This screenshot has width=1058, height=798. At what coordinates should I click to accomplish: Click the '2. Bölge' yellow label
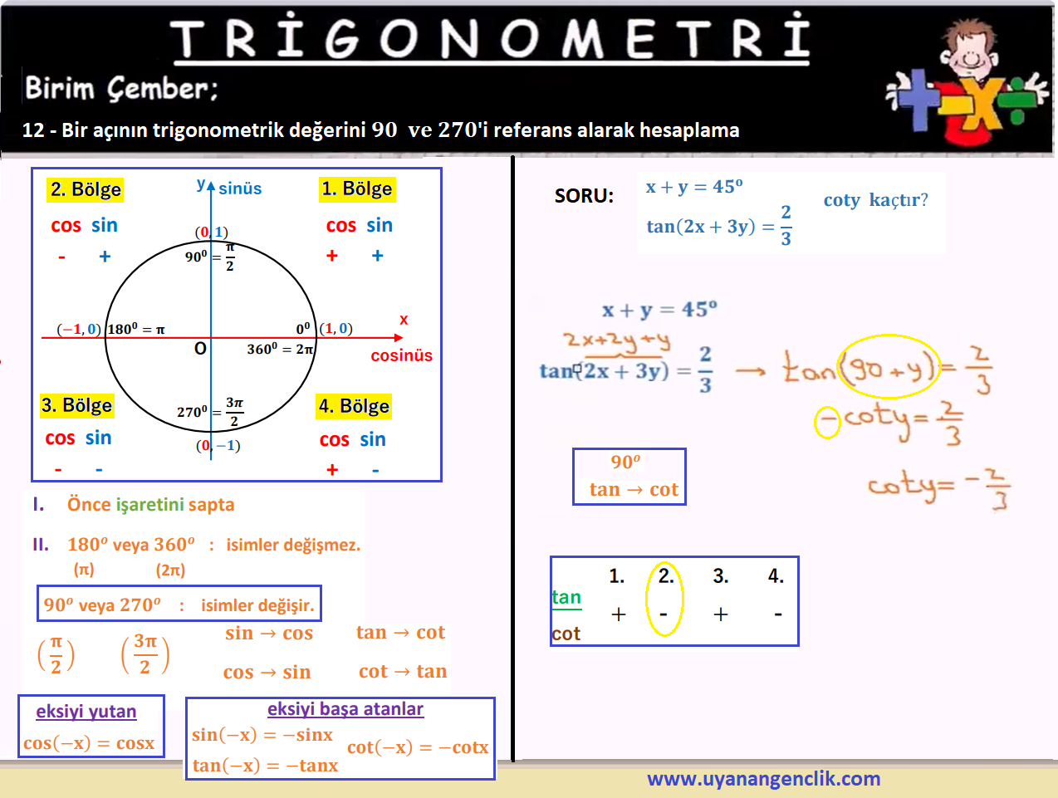click(85, 189)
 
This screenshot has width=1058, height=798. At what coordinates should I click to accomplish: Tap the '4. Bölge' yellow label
click(353, 406)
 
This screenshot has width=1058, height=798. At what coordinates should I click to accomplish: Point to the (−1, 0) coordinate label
click(79, 329)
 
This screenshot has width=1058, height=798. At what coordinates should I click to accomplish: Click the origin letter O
click(200, 349)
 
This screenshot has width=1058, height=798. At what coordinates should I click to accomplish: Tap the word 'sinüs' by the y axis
click(240, 188)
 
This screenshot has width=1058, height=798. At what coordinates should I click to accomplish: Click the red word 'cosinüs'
click(401, 355)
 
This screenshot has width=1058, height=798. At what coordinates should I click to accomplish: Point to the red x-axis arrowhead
click(398, 338)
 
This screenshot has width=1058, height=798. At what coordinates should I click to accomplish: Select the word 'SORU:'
click(584, 196)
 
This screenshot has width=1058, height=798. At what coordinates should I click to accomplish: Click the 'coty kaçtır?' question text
click(876, 199)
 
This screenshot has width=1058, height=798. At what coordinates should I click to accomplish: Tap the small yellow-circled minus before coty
click(827, 422)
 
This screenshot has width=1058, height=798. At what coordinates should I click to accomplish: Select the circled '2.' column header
click(666, 575)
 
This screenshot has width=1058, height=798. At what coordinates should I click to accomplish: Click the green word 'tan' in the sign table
click(566, 597)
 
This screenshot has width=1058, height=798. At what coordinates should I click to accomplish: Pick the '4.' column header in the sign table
click(776, 575)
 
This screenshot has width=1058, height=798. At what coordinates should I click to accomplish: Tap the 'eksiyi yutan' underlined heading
click(86, 712)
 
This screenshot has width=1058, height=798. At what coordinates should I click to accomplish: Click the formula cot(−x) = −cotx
click(418, 747)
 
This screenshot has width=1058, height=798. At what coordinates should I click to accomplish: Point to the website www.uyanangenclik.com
click(763, 779)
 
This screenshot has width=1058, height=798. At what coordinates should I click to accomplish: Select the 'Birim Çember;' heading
click(121, 89)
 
